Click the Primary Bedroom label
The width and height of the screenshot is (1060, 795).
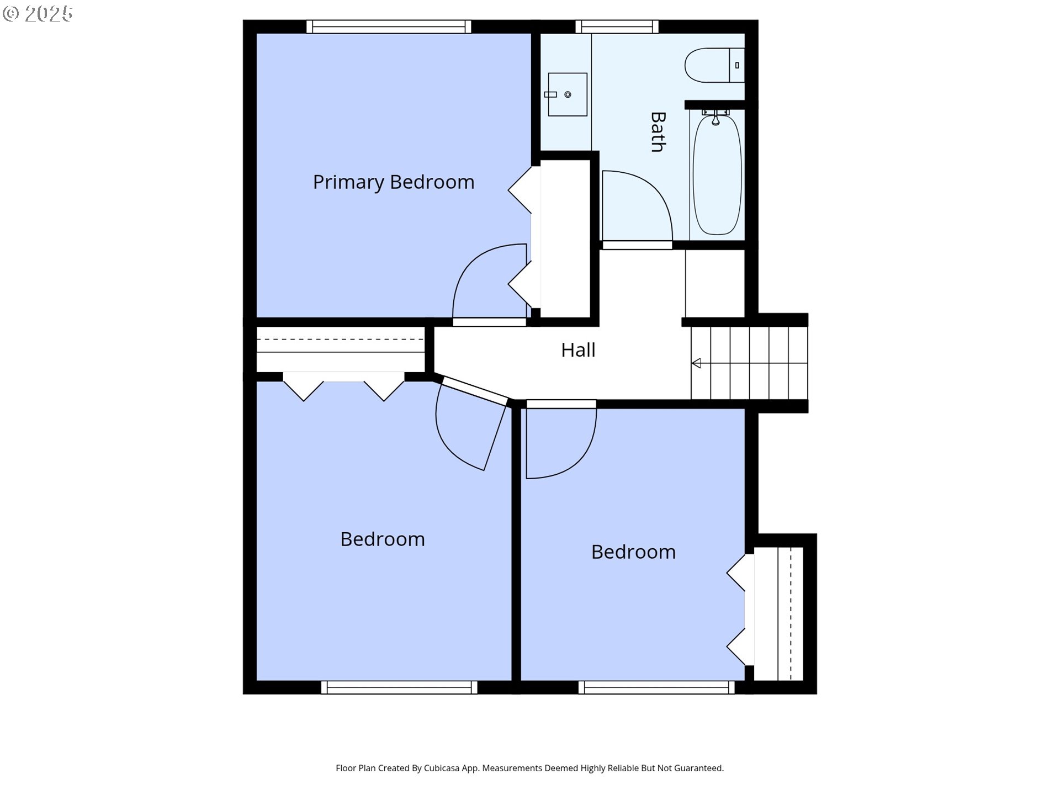(x=393, y=182)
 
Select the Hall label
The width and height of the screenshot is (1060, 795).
(x=578, y=350)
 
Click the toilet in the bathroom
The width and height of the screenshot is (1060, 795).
(x=709, y=65)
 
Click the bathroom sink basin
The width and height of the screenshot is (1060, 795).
(x=568, y=94)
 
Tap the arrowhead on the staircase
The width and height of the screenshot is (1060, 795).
(x=696, y=363)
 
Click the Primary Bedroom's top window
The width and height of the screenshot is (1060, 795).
(x=389, y=26)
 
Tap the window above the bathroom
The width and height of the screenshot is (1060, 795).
(x=617, y=26)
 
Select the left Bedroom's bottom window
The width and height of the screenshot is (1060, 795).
(x=399, y=687)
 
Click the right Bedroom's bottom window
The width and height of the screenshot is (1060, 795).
(x=656, y=687)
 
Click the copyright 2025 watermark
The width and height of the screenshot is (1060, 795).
(x=38, y=14)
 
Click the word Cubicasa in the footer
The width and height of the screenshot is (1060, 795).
(x=441, y=768)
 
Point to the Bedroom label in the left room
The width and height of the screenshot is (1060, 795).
(x=382, y=539)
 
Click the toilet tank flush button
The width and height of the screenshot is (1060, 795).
(x=737, y=65)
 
